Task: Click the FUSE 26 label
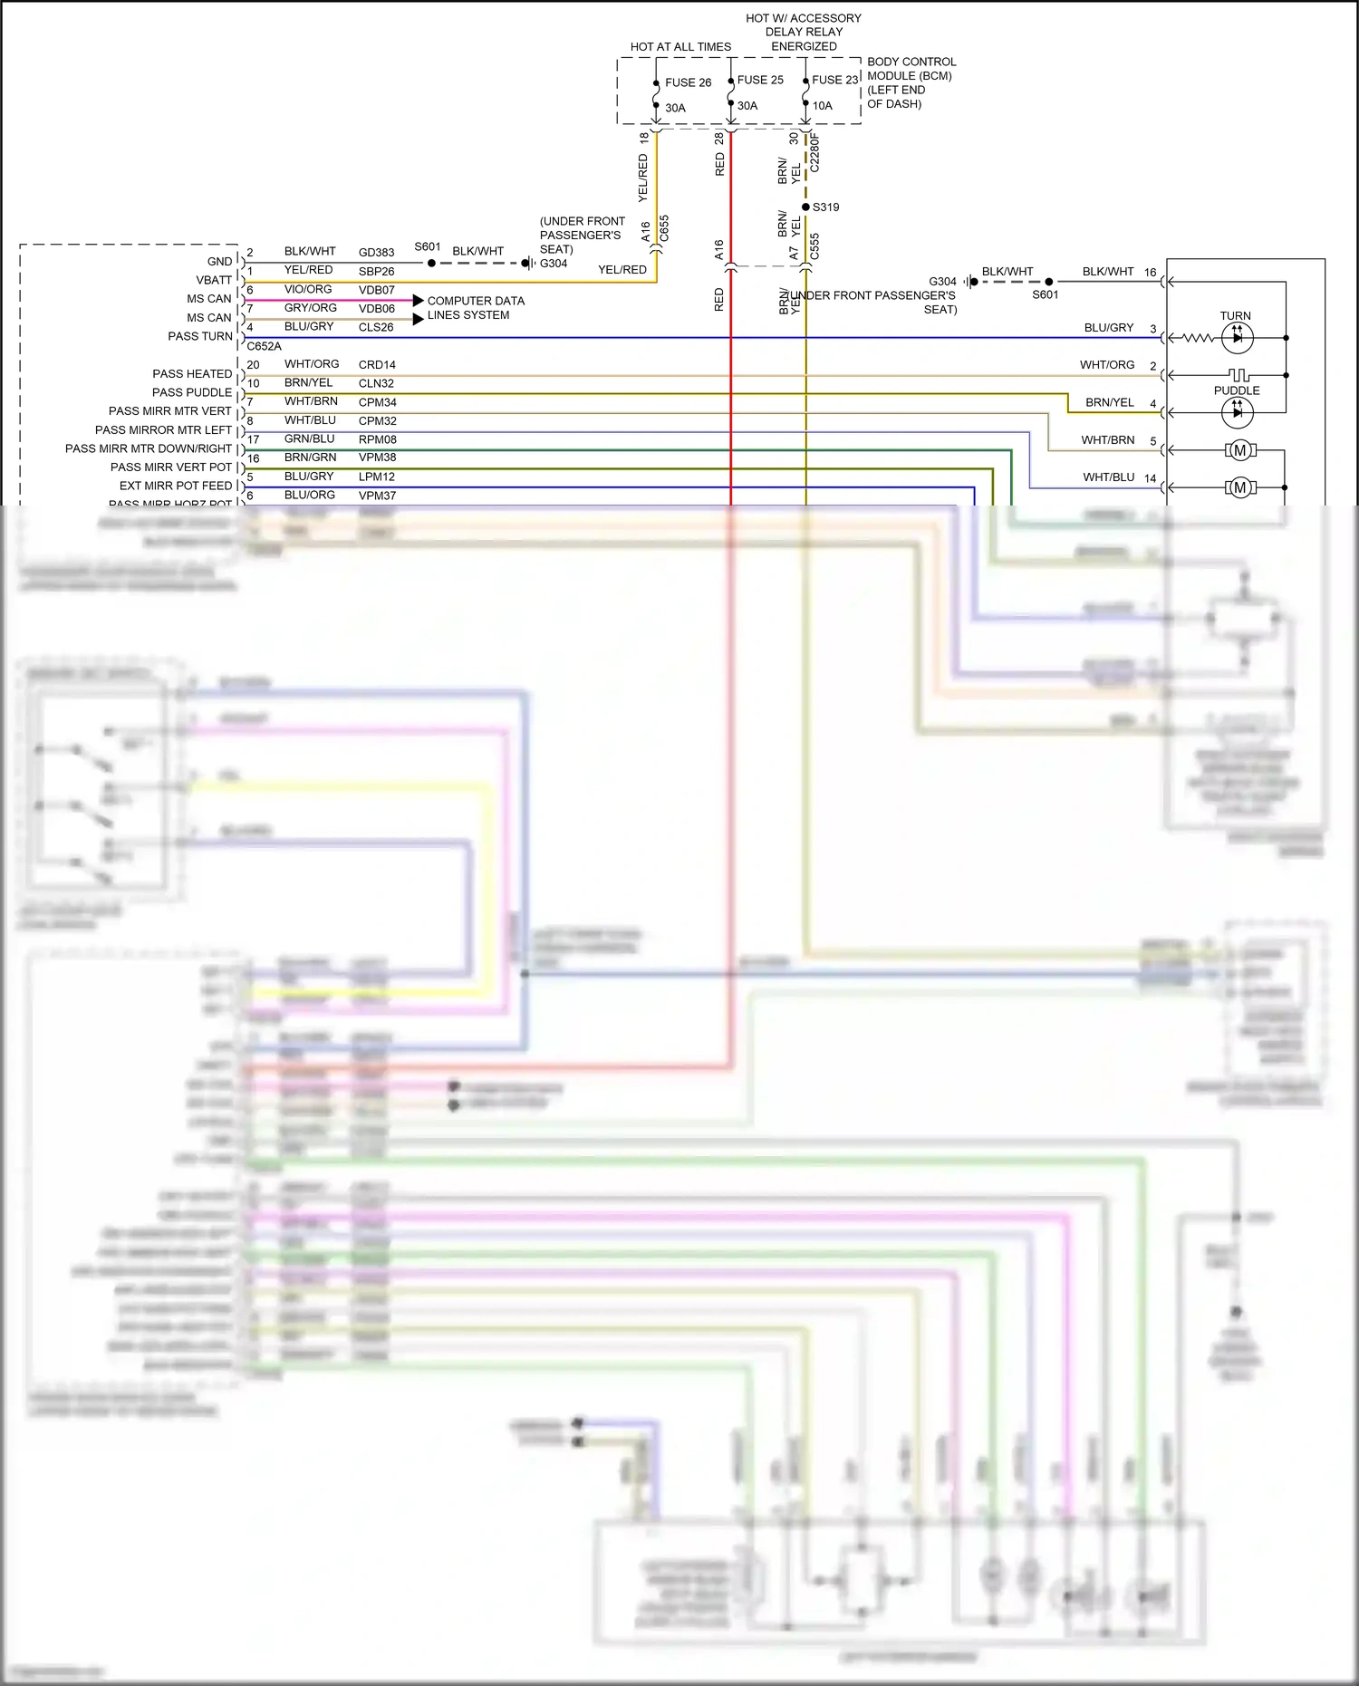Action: coord(688,82)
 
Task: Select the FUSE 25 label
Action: coord(760,80)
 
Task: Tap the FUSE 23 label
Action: coord(834,80)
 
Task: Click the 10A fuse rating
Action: coord(822,106)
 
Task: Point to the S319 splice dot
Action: coord(805,207)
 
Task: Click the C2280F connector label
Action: coord(814,153)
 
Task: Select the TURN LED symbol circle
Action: coord(1237,338)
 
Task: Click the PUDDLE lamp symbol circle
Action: coord(1237,412)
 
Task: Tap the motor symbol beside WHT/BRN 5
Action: coord(1239,450)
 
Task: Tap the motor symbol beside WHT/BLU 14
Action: coord(1239,487)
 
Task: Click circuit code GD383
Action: coord(376,253)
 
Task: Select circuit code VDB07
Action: coord(376,290)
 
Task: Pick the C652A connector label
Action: coord(264,346)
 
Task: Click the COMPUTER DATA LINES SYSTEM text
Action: coord(475,308)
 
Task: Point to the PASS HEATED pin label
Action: coord(192,373)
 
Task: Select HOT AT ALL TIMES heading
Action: coord(680,47)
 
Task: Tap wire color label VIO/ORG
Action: coord(308,289)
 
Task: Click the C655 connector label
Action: coord(664,227)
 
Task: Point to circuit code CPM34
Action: coord(377,402)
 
